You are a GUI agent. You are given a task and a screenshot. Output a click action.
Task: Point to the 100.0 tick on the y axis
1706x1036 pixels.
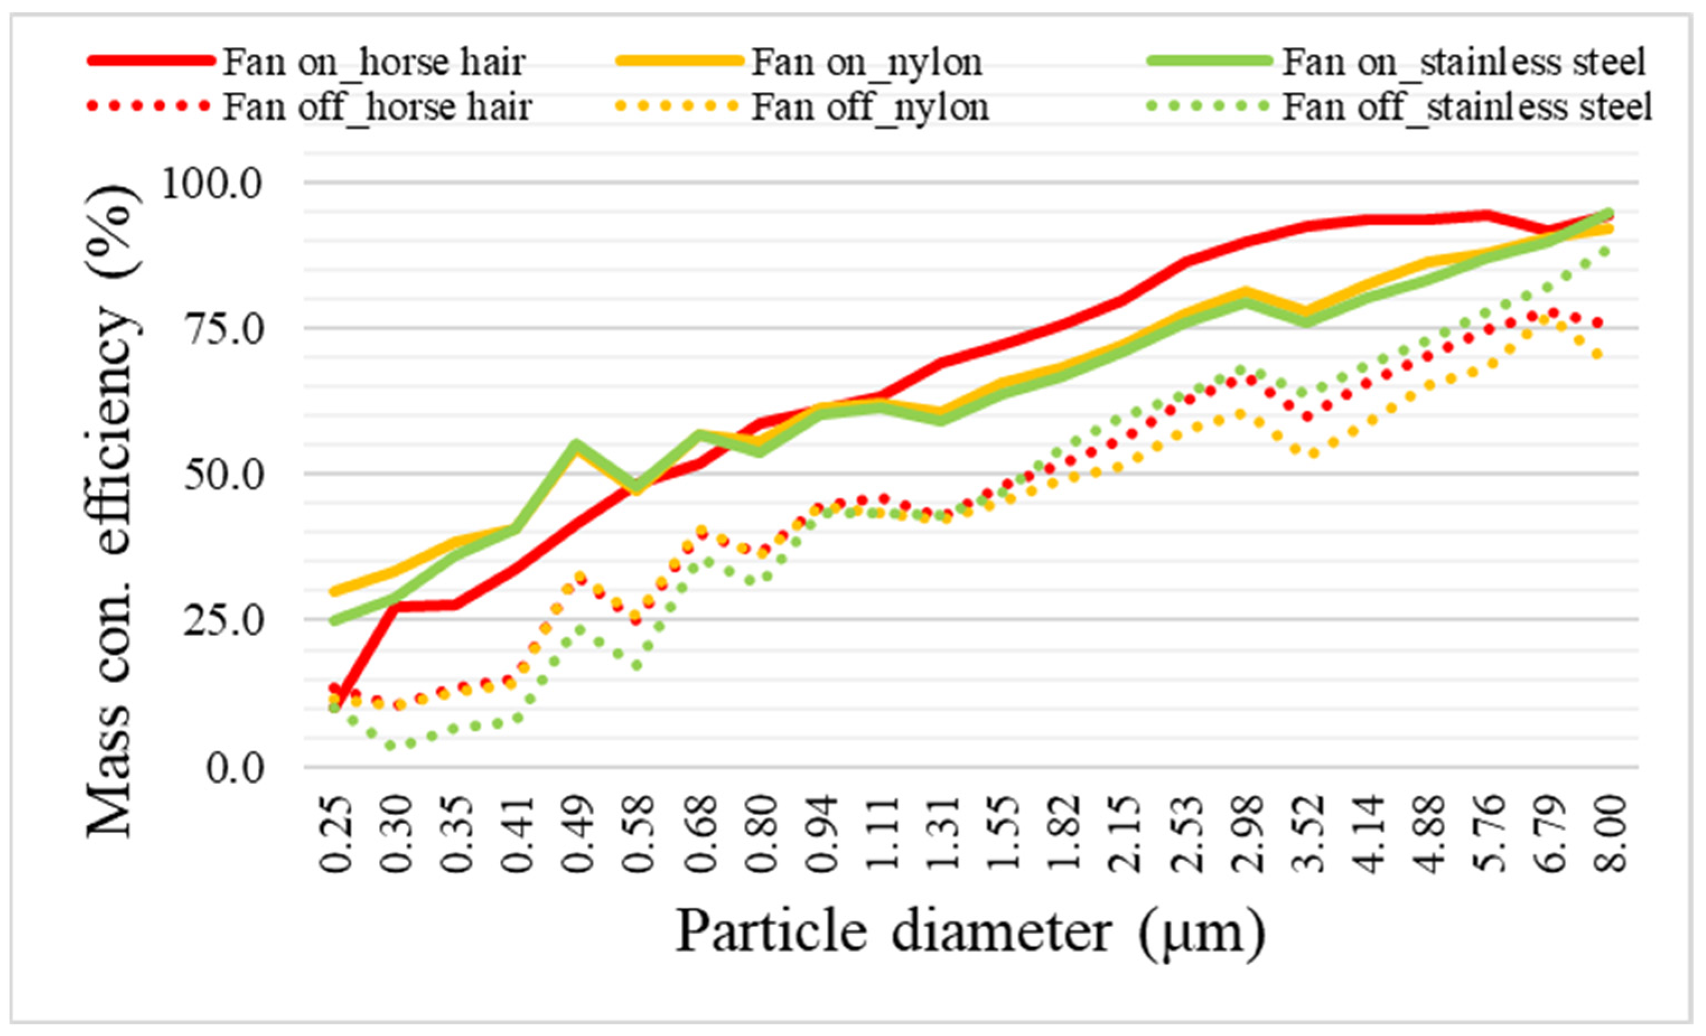coord(211,184)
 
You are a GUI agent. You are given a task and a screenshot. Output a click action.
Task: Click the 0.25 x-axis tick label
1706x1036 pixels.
coord(336,835)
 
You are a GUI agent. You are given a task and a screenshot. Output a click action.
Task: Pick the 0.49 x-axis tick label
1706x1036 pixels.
coord(579,835)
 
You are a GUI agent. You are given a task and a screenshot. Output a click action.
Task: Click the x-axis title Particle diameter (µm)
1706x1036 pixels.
coord(969,932)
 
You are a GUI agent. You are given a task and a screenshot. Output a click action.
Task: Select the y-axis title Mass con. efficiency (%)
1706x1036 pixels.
coord(111,513)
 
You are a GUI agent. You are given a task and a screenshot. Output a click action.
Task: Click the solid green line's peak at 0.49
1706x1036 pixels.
coord(576,444)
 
